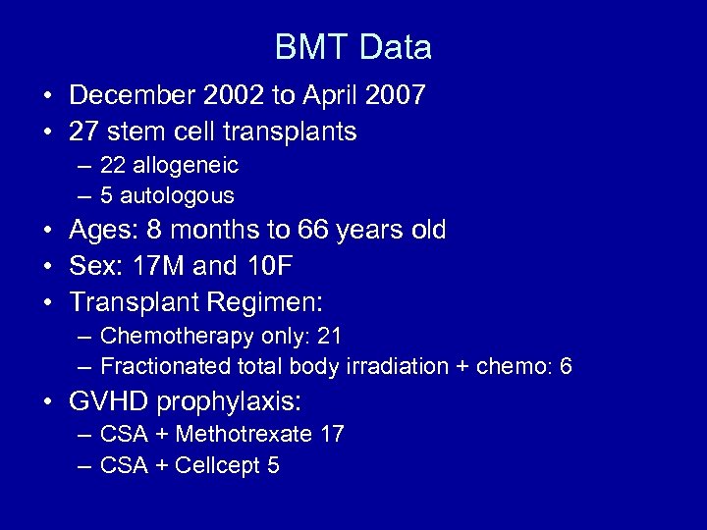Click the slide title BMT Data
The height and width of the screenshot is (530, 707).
pyautogui.click(x=353, y=46)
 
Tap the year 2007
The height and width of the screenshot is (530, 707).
pyautogui.click(x=392, y=96)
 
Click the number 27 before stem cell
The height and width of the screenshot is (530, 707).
pyautogui.click(x=83, y=131)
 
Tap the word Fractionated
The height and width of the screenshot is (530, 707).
pyautogui.click(x=161, y=367)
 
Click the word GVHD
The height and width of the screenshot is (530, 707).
pyautogui.click(x=109, y=400)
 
